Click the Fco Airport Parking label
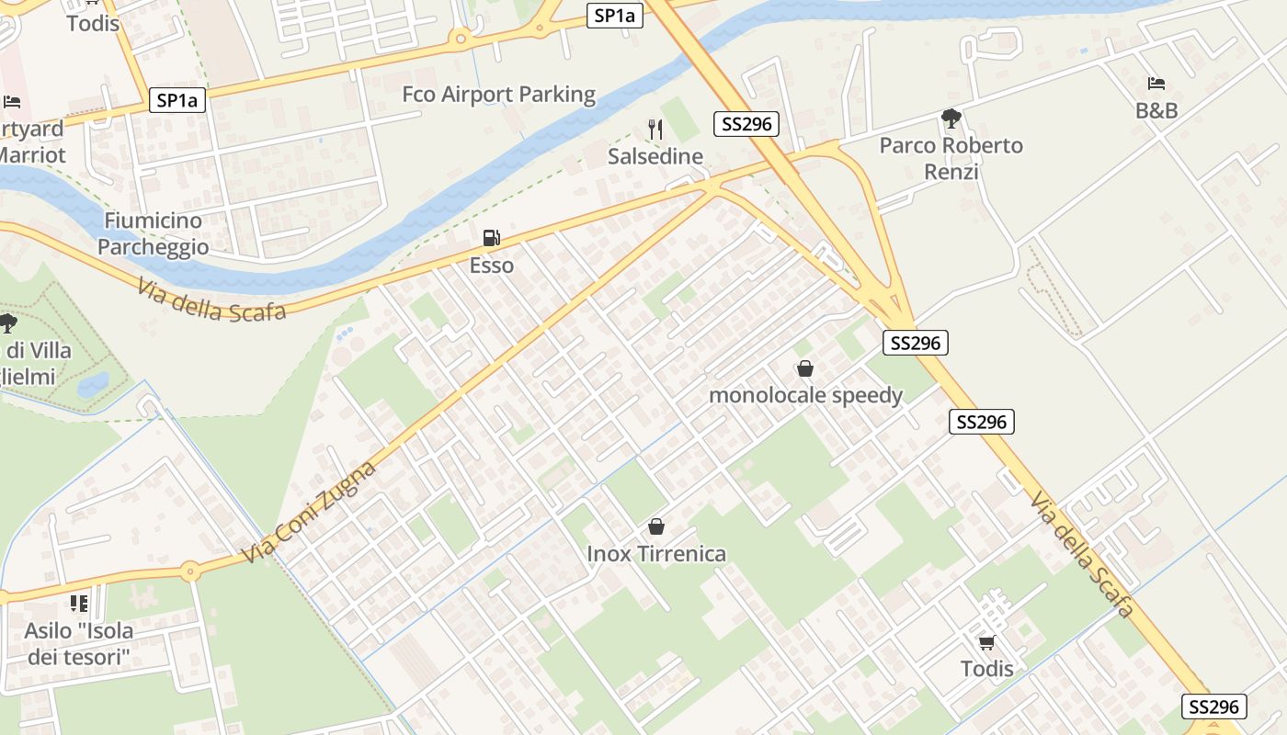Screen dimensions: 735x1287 498,94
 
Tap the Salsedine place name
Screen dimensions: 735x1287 655,156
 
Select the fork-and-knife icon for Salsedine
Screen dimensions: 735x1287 655,130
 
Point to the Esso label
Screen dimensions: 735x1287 492,266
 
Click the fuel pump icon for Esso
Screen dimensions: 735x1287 492,239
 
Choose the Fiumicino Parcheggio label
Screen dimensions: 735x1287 153,233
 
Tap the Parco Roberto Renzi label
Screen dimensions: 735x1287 951,158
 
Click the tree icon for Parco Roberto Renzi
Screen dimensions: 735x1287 951,119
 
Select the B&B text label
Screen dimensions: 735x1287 1156,110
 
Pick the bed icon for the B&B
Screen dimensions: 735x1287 1156,84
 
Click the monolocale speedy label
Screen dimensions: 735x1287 805,395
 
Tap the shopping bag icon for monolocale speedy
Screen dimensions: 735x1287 805,368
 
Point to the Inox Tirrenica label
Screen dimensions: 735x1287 656,553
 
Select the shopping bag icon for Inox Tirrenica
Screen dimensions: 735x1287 656,526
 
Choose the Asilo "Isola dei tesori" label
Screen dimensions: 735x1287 79,643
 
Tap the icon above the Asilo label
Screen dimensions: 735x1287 79,604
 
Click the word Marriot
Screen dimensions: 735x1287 32,154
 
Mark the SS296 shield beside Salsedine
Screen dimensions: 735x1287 746,124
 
